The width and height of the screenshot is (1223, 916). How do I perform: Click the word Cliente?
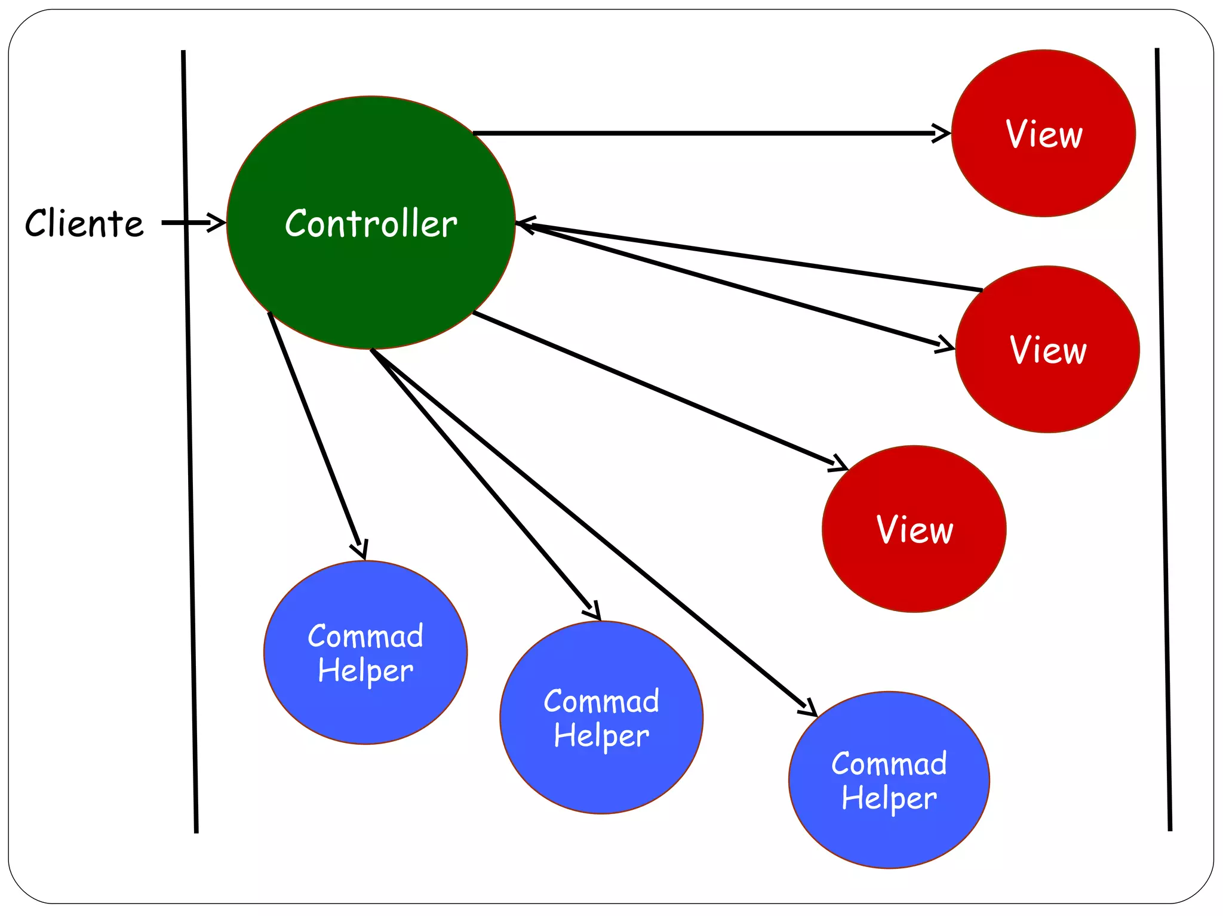(84, 224)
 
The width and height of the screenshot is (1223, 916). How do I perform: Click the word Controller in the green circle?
(371, 224)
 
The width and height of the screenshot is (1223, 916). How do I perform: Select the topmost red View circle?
(1043, 133)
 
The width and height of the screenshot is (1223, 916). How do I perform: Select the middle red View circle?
(1047, 350)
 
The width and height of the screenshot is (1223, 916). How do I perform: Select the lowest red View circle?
(914, 529)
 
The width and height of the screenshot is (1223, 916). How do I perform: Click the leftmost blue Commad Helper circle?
(365, 652)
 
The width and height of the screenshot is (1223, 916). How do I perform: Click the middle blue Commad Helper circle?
(601, 717)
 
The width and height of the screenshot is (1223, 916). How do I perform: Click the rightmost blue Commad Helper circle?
(889, 780)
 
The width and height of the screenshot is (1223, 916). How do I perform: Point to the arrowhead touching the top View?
(942, 133)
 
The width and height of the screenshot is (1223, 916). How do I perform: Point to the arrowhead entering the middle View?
(946, 345)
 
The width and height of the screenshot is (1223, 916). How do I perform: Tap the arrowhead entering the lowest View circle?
(839, 464)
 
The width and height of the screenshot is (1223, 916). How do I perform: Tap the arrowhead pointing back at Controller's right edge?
(524, 224)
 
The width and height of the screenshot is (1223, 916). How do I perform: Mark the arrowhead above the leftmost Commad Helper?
(360, 549)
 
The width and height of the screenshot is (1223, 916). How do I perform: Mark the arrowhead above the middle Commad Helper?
(593, 611)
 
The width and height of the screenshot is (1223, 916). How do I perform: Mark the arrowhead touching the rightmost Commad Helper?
(809, 708)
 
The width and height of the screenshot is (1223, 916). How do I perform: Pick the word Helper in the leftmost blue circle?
(365, 670)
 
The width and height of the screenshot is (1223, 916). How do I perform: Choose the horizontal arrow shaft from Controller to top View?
(705, 133)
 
